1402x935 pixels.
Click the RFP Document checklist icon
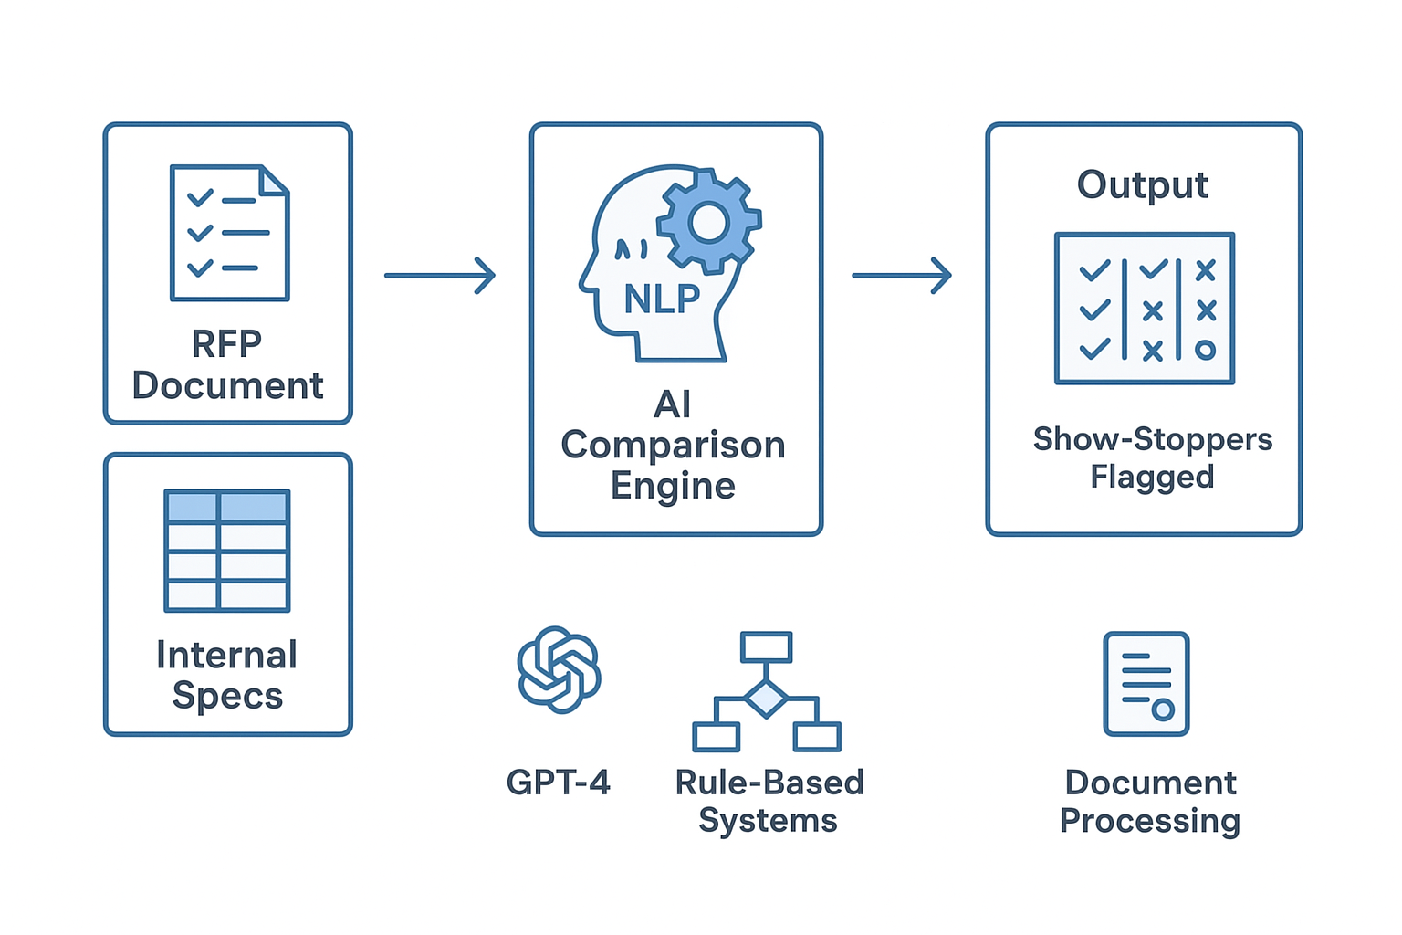(229, 233)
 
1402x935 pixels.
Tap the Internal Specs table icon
(227, 551)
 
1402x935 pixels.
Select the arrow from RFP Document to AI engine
(439, 275)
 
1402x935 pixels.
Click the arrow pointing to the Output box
(901, 275)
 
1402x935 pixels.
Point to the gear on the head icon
(709, 221)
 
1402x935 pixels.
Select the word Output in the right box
(1142, 184)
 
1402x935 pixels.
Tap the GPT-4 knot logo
(559, 669)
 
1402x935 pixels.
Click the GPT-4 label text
(558, 783)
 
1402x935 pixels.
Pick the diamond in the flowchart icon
(766, 699)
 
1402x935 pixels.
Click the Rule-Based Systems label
(769, 801)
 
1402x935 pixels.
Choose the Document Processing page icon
(1146, 683)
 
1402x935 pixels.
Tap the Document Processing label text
(1149, 801)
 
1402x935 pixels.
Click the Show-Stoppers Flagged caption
(1152, 457)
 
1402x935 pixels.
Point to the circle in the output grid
(1205, 350)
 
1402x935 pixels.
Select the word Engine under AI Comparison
(673, 486)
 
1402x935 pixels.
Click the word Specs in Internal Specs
(227, 696)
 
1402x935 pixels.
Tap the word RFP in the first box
(226, 344)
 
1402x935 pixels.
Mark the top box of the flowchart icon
(766, 646)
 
